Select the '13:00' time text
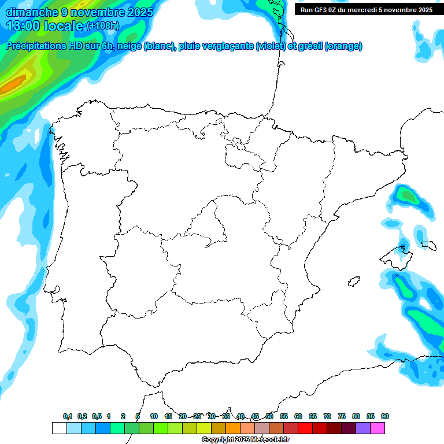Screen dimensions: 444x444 [24, 26]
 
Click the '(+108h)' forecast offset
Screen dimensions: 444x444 [103, 26]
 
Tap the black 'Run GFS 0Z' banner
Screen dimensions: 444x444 [367, 9]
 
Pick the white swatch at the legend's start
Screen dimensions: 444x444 [59, 428]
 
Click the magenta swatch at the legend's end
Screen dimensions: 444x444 [378, 428]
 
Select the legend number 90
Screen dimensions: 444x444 [385, 416]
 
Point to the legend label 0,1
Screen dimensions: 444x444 [68, 416]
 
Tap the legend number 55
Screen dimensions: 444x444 [284, 416]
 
